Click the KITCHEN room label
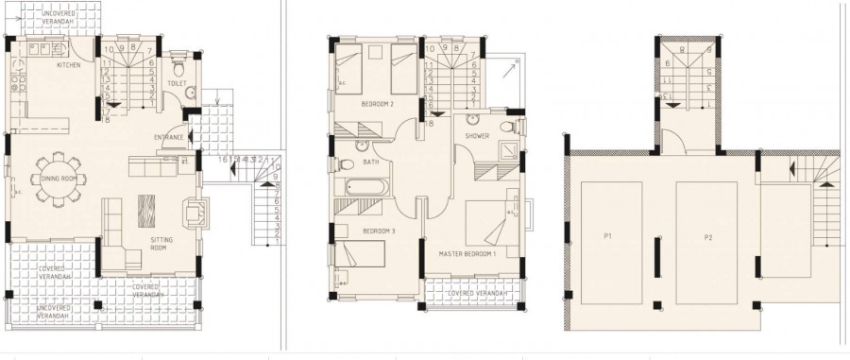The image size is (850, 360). click(x=69, y=66)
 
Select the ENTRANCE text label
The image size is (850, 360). click(x=170, y=138)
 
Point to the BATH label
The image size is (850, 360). click(x=369, y=162)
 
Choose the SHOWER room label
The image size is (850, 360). click(x=476, y=135)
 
